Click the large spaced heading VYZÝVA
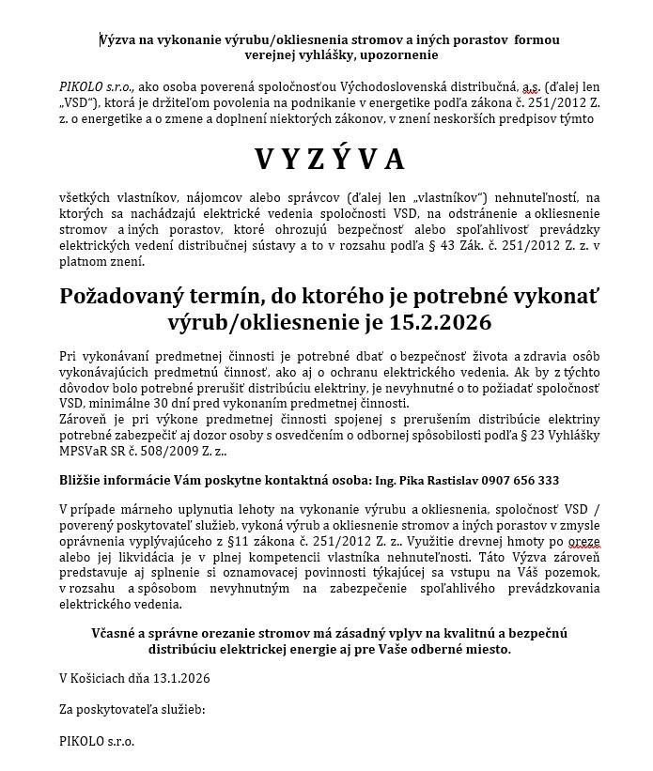(x=329, y=160)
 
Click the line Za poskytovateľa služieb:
(x=132, y=709)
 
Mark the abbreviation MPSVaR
(x=86, y=452)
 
